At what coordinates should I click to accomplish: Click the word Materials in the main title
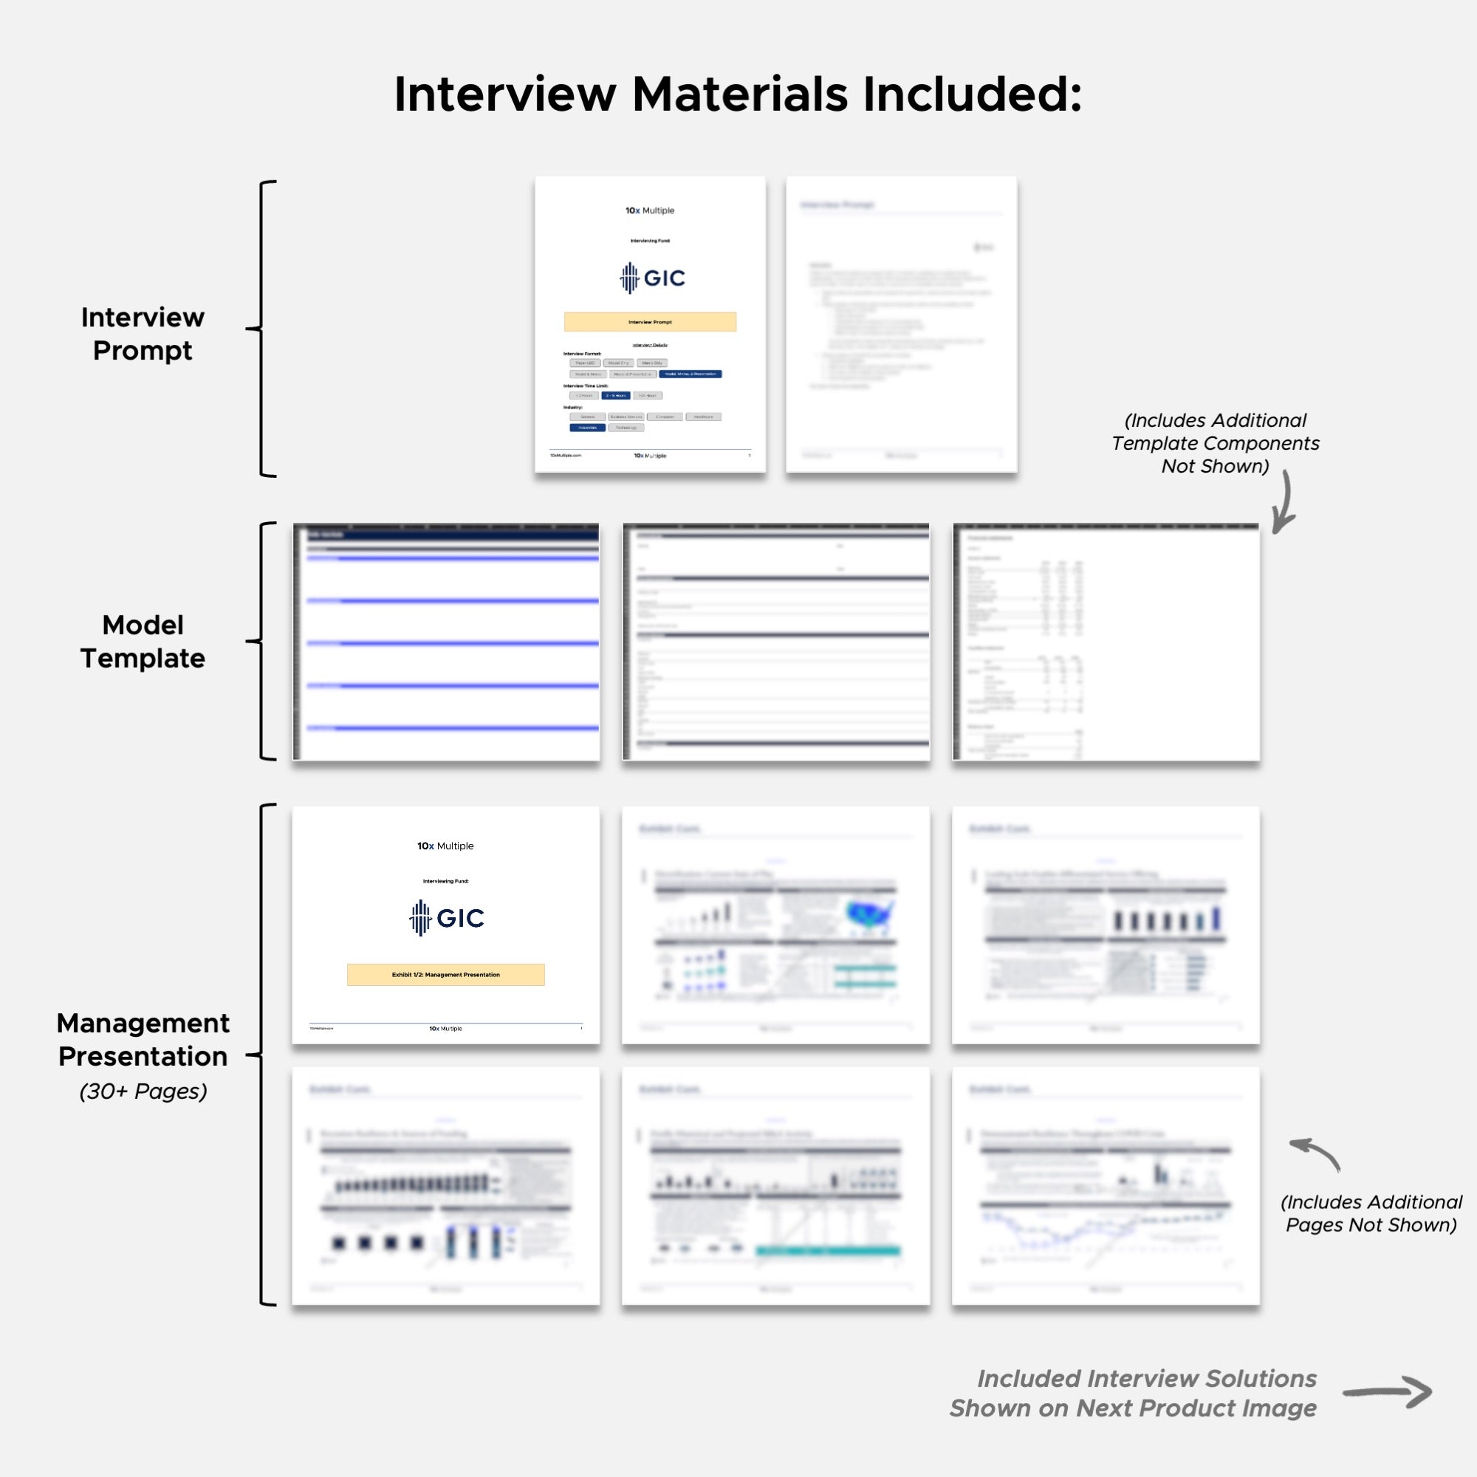point(739,95)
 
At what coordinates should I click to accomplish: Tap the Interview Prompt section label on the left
point(143,333)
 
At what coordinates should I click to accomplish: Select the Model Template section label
point(143,642)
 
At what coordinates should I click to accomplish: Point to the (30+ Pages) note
point(143,1091)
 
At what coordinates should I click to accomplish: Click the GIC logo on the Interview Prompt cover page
point(651,278)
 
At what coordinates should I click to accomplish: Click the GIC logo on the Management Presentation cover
point(447,917)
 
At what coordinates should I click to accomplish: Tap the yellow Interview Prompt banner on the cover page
point(650,322)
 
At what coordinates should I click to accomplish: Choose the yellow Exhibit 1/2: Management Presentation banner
point(446,975)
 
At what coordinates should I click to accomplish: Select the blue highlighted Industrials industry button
point(587,428)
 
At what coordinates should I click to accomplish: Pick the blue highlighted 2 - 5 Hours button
point(615,395)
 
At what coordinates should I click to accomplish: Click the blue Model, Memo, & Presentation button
point(690,374)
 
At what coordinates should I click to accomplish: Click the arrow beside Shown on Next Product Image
point(1387,1392)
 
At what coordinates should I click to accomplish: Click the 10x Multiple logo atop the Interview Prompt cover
point(650,210)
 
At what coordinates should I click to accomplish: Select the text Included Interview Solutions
point(1147,1378)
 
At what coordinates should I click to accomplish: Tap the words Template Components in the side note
point(1215,443)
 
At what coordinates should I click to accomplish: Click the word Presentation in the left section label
point(143,1056)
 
